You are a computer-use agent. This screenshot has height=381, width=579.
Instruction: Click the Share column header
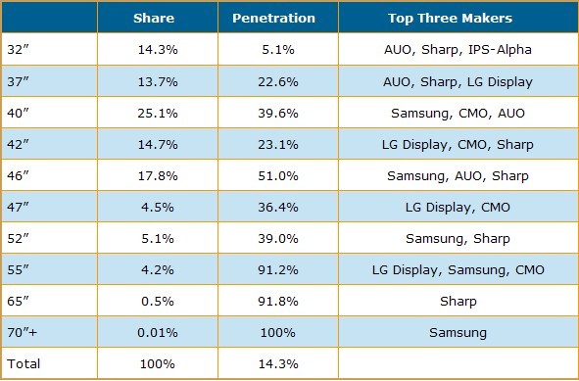coord(154,18)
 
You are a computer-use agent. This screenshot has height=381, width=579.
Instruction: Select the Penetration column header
coord(273,18)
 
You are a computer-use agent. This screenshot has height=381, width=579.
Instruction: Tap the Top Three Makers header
coord(450,18)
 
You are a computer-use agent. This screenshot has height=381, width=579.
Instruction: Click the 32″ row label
coord(18,50)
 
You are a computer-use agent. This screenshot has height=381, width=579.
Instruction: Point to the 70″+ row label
coord(23,332)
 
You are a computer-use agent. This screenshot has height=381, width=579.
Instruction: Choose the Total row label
coord(24,363)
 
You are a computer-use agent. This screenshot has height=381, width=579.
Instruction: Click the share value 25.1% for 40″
coord(158,113)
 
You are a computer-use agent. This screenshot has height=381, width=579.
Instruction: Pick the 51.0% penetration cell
coord(278,175)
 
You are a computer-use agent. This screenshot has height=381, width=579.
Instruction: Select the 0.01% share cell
coord(158,332)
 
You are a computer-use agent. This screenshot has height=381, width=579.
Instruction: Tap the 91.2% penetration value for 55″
coord(278,270)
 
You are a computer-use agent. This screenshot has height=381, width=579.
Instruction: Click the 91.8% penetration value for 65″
coord(278,302)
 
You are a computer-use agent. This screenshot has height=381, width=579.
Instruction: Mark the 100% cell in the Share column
coord(158,363)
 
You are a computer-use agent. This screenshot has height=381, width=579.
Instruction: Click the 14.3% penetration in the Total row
coord(278,363)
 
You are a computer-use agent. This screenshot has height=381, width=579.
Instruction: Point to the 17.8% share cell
coord(158,175)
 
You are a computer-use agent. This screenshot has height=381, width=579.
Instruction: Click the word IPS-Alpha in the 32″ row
coord(500,50)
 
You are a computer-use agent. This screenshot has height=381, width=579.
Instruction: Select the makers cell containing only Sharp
coord(458,302)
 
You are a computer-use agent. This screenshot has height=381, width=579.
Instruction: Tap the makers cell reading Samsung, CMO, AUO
coord(458,113)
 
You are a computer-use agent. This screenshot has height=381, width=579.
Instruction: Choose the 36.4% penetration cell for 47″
coord(278,207)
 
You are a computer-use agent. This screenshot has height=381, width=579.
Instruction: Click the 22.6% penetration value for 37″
coord(278,81)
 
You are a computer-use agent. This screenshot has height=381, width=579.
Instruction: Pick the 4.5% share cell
coord(158,207)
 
